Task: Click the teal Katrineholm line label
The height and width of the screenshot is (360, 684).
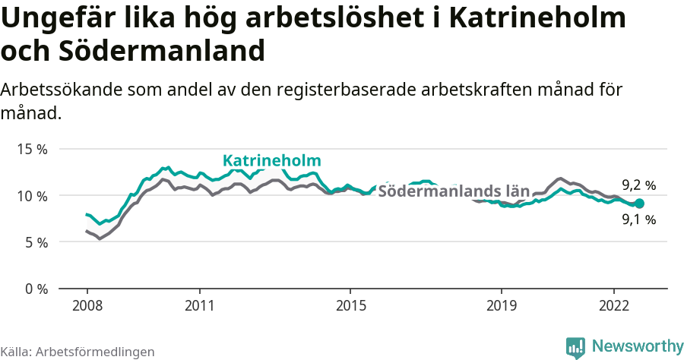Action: click(x=271, y=161)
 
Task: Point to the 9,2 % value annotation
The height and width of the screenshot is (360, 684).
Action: click(x=638, y=185)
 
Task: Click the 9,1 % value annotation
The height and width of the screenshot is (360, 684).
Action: click(x=638, y=220)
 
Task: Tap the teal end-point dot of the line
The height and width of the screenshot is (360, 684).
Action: click(x=639, y=204)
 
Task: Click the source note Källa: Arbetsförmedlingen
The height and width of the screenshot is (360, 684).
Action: click(x=78, y=352)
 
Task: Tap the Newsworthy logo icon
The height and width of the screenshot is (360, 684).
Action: click(x=575, y=347)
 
